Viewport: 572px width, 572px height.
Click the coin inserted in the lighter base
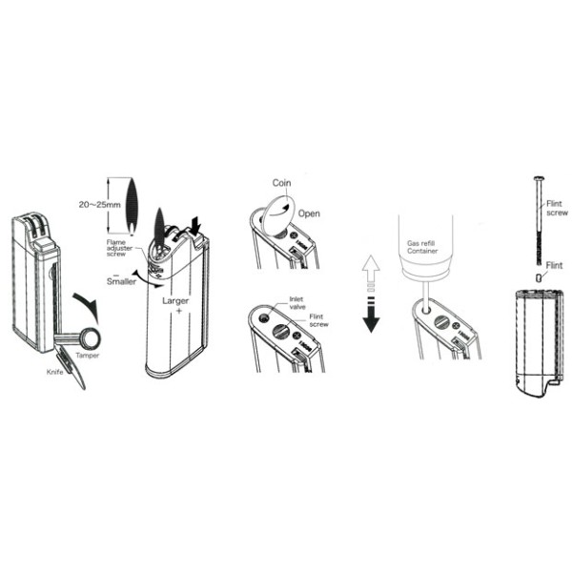pos(276,211)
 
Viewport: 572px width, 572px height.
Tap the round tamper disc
pos(91,337)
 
